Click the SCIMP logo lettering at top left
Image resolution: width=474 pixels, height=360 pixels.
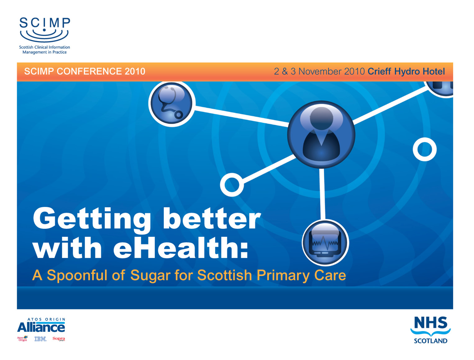pyautogui.click(x=45, y=23)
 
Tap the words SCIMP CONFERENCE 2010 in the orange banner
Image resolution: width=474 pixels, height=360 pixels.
pyautogui.click(x=85, y=71)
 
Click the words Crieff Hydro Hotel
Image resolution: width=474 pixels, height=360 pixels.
pyautogui.click(x=406, y=71)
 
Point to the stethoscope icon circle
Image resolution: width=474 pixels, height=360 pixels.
pyautogui.click(x=172, y=104)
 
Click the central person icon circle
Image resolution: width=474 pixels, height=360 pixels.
pyautogui.click(x=321, y=134)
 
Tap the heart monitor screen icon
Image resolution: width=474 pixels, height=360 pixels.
pyautogui.click(x=325, y=243)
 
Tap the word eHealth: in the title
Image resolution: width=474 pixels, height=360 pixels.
pyautogui.click(x=181, y=247)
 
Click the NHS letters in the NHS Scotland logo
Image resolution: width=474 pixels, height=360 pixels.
pyautogui.click(x=431, y=323)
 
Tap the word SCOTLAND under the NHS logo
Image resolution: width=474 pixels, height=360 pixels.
pyautogui.click(x=431, y=341)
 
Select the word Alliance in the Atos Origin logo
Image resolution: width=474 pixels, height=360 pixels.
pyautogui.click(x=41, y=327)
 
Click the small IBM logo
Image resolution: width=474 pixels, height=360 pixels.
pyautogui.click(x=41, y=339)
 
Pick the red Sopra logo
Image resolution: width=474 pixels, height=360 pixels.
pyautogui.click(x=59, y=339)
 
